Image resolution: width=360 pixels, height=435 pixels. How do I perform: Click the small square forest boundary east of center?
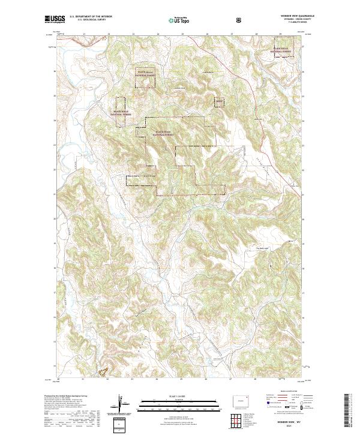coord(219,103)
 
